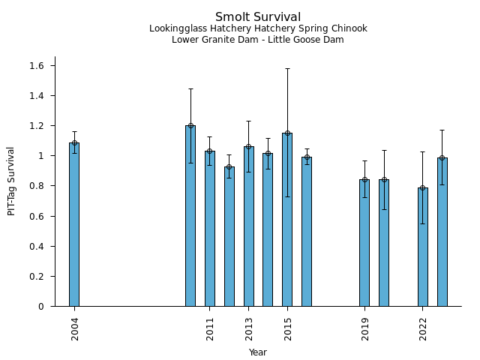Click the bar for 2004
tap(74, 224)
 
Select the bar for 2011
tap(210, 229)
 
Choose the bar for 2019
tap(364, 243)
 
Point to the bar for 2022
tap(423, 247)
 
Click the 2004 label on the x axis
tap(75, 329)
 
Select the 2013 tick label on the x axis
tap(249, 329)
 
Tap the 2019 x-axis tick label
tap(365, 329)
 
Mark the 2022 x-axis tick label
tap(423, 329)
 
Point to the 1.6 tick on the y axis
tap(37, 66)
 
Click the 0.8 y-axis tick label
tap(37, 186)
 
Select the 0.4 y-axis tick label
tap(37, 246)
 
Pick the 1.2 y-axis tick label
tap(37, 126)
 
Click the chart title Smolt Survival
tap(258, 17)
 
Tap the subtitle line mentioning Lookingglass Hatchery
tap(258, 29)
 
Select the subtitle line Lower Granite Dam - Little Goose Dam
tap(258, 40)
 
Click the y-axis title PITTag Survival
tap(11, 181)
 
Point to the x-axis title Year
tap(258, 352)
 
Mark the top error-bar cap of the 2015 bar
tap(287, 69)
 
